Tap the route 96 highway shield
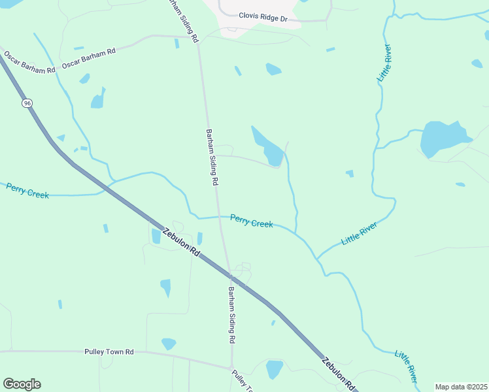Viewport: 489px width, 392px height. coord(27,103)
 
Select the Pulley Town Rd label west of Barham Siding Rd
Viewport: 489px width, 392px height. coord(109,351)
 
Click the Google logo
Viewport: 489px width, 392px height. coord(22,384)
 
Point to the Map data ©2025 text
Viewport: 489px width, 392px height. coord(461,387)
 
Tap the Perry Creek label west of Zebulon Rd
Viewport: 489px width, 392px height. coord(27,190)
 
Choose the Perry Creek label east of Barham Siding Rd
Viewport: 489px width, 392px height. coord(251,221)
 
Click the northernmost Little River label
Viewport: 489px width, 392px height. coord(384,63)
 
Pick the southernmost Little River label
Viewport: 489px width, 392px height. coord(406,366)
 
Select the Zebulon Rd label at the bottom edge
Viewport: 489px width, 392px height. coord(337,374)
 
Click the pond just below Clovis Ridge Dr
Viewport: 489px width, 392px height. coord(274,69)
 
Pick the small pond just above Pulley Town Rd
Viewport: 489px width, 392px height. coord(169,343)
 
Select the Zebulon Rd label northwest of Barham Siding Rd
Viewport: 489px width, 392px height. coord(181,242)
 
